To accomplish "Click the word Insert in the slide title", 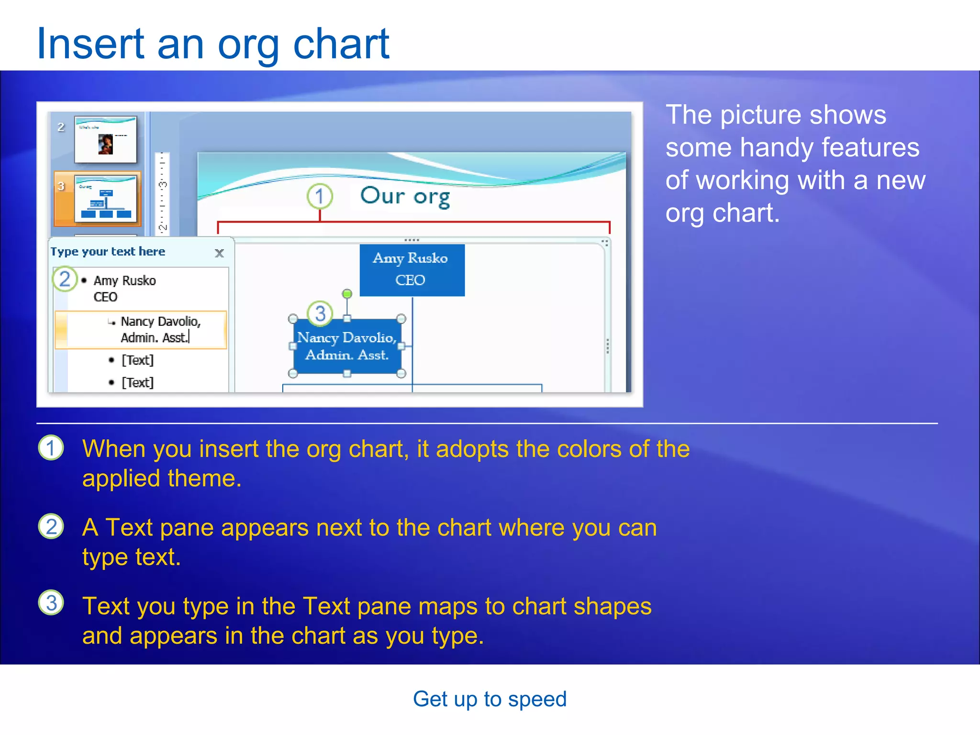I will pyautogui.click(x=90, y=44).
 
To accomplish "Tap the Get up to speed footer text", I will pyautogui.click(x=490, y=699).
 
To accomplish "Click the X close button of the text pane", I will pyautogui.click(x=219, y=253).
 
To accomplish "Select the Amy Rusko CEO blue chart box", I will pyautogui.click(x=412, y=270).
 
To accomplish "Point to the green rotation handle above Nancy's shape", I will pyautogui.click(x=347, y=293).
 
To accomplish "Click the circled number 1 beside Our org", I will pyautogui.click(x=320, y=196).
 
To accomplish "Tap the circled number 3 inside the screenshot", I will pyautogui.click(x=320, y=313).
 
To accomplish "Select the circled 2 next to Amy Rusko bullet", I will pyautogui.click(x=65, y=279).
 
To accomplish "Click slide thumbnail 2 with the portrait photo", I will pyautogui.click(x=105, y=140).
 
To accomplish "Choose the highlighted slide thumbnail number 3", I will pyautogui.click(x=105, y=198).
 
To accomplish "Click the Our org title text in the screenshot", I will pyautogui.click(x=405, y=196).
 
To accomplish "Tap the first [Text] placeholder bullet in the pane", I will pyautogui.click(x=137, y=360).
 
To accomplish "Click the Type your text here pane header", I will pyautogui.click(x=108, y=252).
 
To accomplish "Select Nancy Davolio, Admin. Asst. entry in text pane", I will pyautogui.click(x=160, y=329).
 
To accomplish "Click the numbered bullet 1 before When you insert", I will pyautogui.click(x=51, y=448).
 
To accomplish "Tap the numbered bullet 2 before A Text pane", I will pyautogui.click(x=51, y=526).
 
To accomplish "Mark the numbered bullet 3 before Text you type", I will pyautogui.click(x=51, y=603).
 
